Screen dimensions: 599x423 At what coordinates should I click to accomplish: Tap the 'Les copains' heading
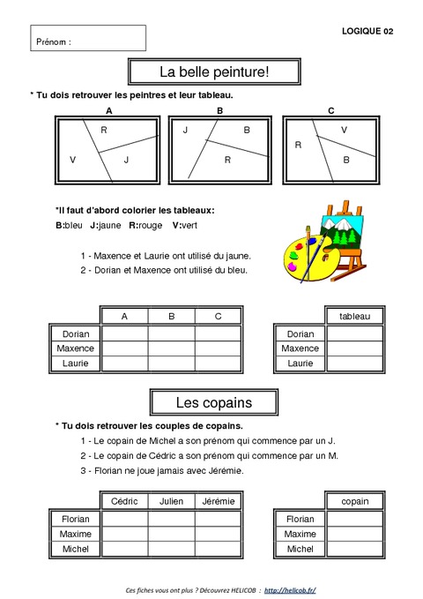pos(213,402)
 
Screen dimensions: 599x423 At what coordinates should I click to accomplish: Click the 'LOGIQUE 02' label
pos(367,31)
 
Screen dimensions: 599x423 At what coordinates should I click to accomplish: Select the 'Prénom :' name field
pos(88,39)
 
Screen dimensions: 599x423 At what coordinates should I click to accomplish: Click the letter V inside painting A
pos(72,160)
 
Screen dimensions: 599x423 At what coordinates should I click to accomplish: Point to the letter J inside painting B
pos(186,130)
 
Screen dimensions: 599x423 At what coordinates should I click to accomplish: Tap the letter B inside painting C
pos(345,160)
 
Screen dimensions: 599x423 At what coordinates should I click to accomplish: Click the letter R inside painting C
pos(298,144)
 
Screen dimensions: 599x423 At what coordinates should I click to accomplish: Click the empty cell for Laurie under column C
pos(218,363)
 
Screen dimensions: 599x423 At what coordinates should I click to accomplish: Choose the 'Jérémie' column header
pos(218,501)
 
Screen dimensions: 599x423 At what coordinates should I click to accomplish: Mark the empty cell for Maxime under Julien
pos(171,534)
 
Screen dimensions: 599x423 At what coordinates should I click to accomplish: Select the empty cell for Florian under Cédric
pos(124,520)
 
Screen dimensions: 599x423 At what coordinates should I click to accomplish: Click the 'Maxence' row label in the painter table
pos(77,348)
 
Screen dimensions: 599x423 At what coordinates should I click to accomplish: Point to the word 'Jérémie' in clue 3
pos(226,470)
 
